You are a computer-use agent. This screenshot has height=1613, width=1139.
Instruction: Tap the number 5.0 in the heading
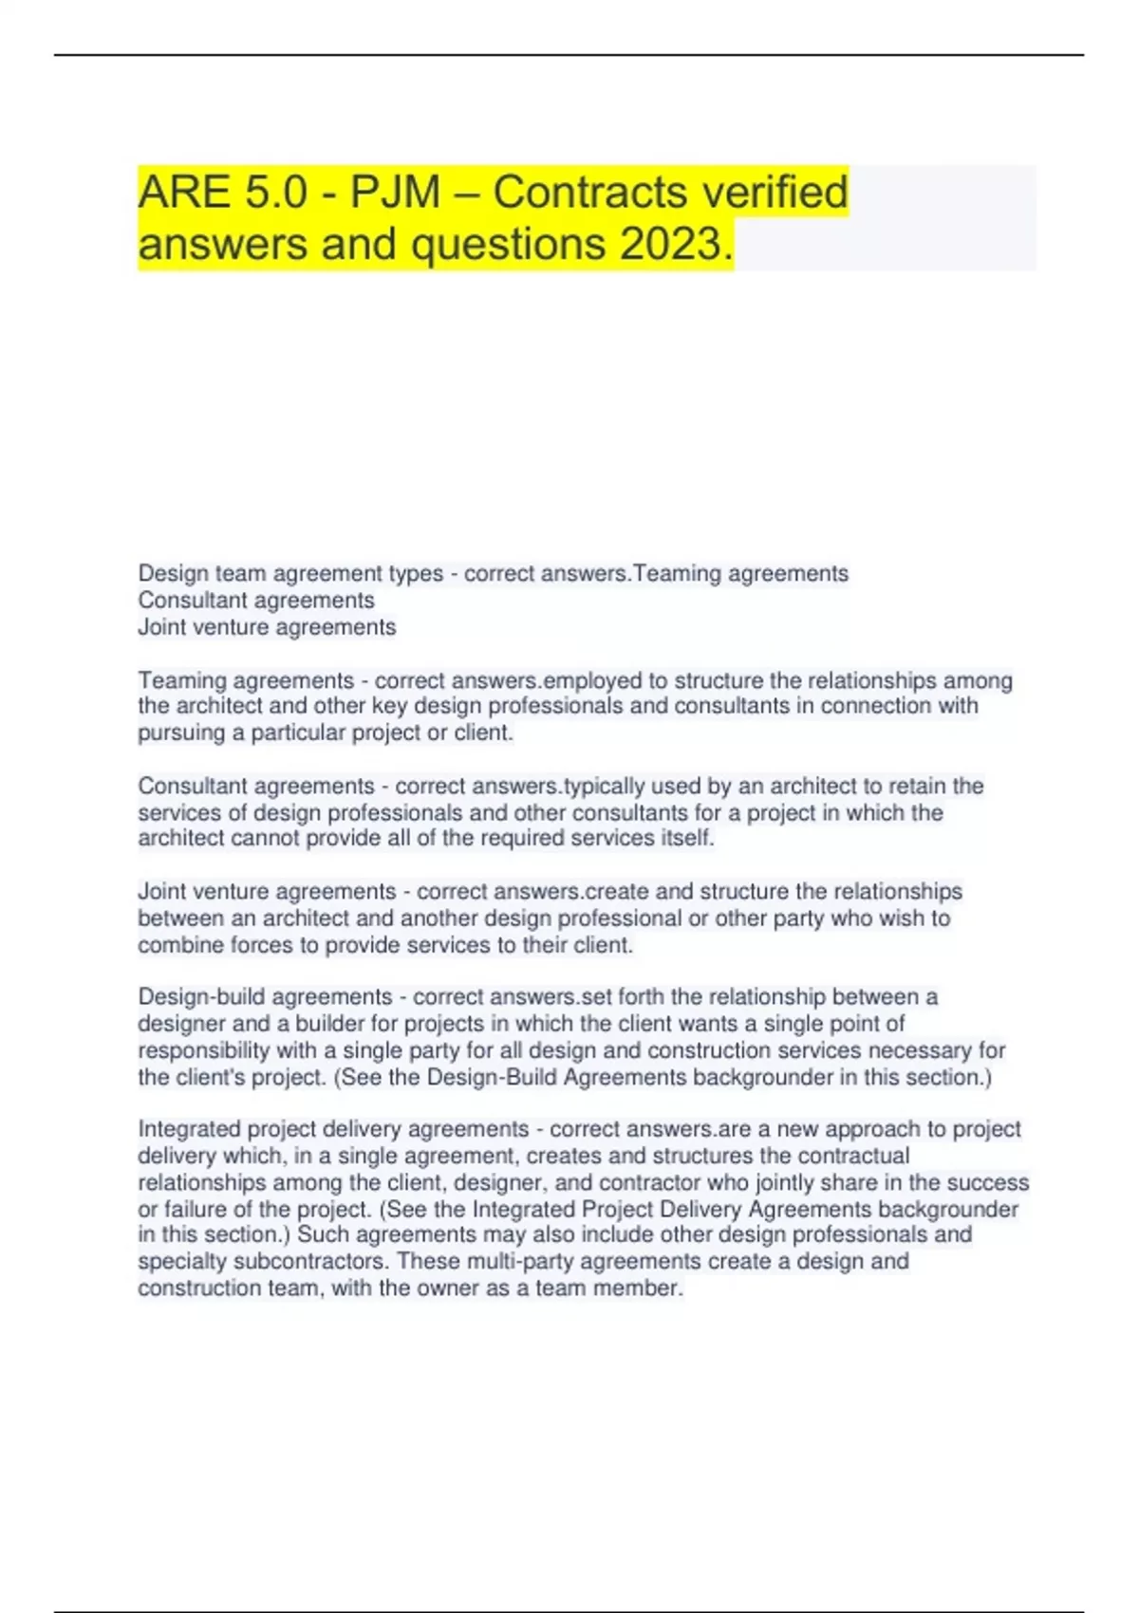point(276,193)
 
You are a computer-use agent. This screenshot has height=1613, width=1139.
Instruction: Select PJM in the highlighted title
point(396,193)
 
